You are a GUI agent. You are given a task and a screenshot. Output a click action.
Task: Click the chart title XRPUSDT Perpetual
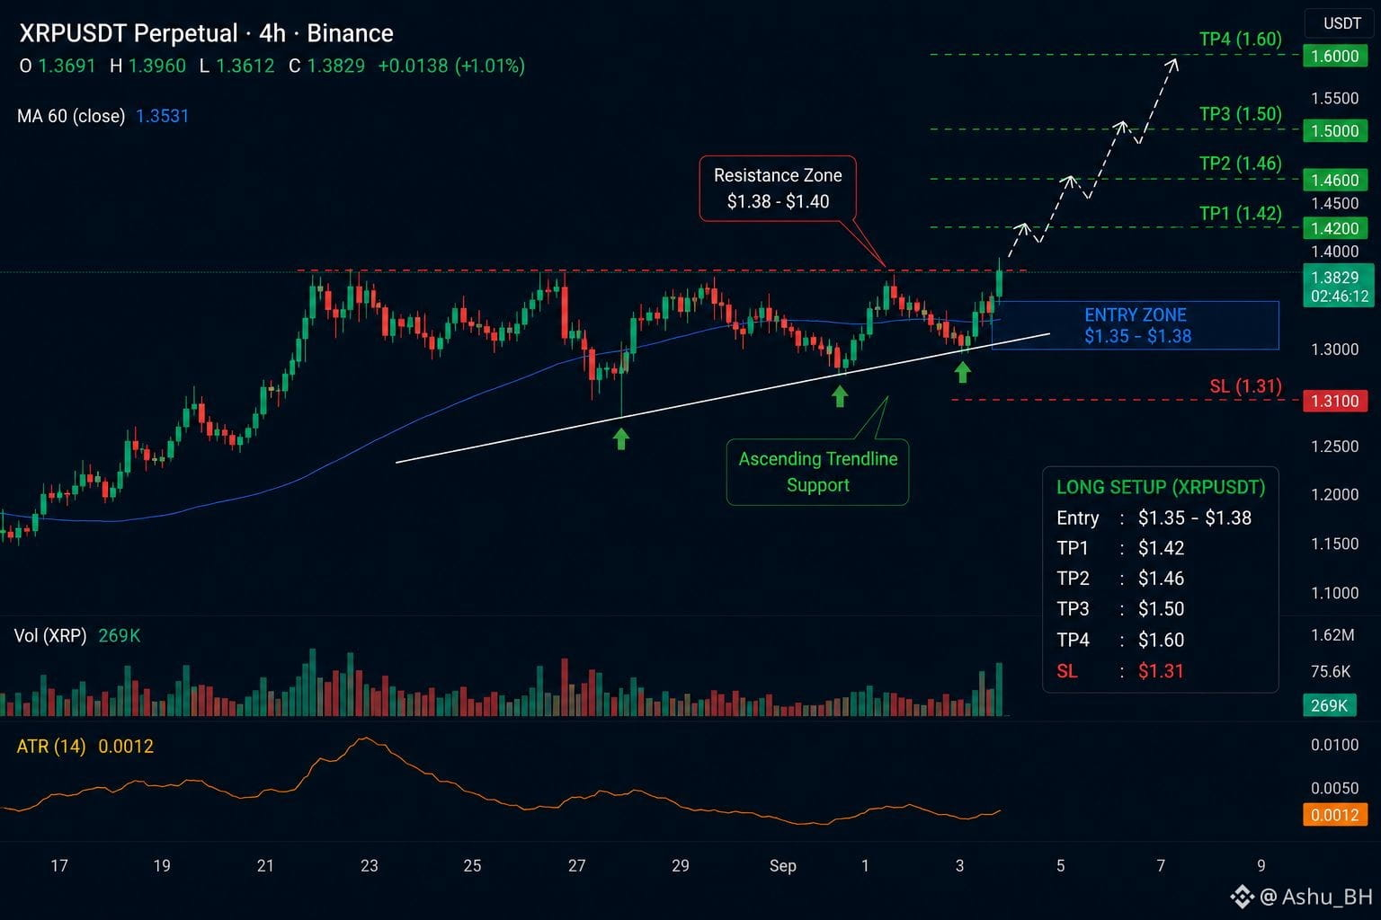tap(129, 33)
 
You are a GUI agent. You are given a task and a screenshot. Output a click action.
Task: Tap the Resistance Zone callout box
tap(778, 188)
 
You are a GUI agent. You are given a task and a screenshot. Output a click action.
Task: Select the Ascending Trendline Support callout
tap(817, 472)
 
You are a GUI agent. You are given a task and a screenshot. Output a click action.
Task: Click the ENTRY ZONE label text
tap(1135, 314)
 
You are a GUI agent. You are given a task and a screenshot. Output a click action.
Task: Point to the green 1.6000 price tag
tap(1335, 56)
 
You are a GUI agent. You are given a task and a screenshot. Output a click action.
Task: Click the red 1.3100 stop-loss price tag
tap(1335, 401)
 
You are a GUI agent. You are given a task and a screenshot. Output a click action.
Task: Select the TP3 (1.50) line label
tap(1240, 114)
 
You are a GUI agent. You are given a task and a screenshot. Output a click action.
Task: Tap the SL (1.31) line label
tap(1245, 386)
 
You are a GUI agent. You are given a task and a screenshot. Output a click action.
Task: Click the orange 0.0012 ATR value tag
tap(1335, 815)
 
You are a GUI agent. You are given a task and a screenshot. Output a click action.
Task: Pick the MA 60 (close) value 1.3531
tap(162, 116)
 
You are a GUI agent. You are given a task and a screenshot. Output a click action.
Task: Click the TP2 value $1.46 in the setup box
tap(1161, 578)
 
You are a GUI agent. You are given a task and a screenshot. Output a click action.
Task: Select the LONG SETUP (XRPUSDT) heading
tap(1161, 487)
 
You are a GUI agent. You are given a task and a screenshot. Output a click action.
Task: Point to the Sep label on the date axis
tap(782, 866)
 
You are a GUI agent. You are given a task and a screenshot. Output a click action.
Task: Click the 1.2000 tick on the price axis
tap(1335, 494)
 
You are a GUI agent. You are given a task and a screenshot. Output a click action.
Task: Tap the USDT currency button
tap(1342, 23)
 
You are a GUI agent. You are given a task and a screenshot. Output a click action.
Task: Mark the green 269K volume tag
tap(1329, 705)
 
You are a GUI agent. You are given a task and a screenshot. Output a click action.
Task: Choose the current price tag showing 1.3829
tap(1338, 286)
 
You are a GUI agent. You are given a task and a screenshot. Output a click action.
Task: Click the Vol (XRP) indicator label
tap(50, 635)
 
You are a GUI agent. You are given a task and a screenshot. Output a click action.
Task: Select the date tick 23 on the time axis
tap(369, 866)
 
